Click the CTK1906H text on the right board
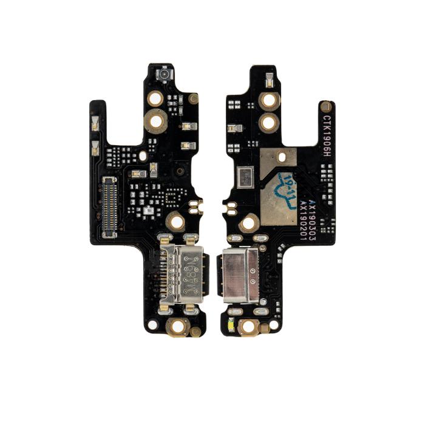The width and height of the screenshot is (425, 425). pyautogui.click(x=327, y=137)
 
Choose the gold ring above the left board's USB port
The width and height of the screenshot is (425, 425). pyautogui.click(x=177, y=222)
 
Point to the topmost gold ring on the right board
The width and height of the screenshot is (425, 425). pyautogui.click(x=268, y=101)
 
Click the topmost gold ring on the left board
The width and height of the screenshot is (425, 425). pyautogui.click(x=156, y=97)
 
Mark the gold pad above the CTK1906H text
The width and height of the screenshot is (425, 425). pyautogui.click(x=325, y=106)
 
